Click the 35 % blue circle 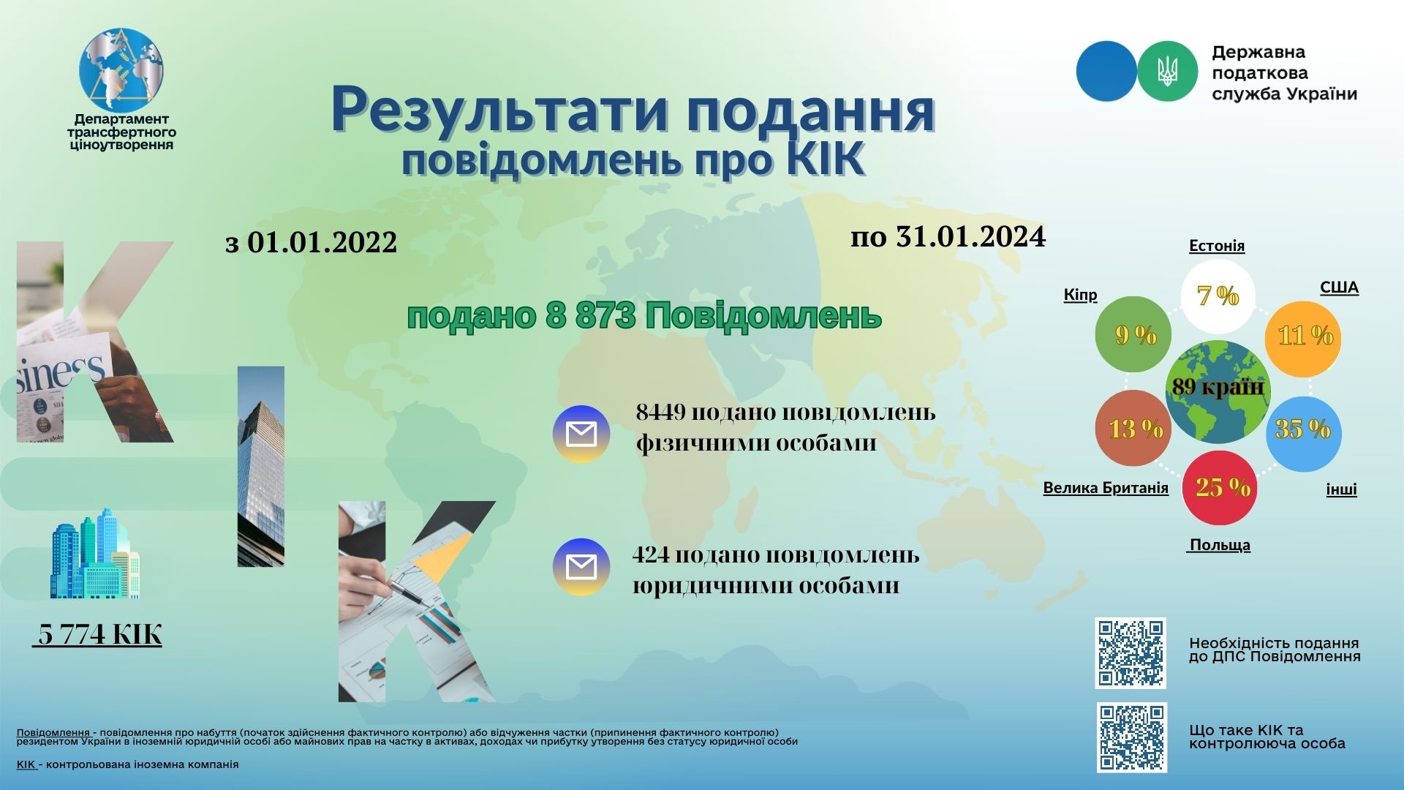click(x=1304, y=434)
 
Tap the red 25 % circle click(x=1220, y=488)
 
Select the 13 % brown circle click(x=1133, y=428)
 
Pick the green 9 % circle click(x=1133, y=334)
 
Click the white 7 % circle click(x=1218, y=296)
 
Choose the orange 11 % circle click(x=1303, y=339)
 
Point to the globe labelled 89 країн click(x=1218, y=392)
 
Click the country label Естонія click(x=1217, y=246)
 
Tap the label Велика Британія click(x=1106, y=488)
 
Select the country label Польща click(x=1219, y=545)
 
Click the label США click(x=1339, y=287)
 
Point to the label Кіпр click(x=1080, y=295)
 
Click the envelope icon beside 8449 click(x=581, y=434)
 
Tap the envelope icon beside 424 click(x=581, y=567)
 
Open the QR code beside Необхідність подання click(x=1131, y=653)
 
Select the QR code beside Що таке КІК click(x=1132, y=737)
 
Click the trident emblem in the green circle click(x=1168, y=71)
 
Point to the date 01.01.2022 click(x=322, y=242)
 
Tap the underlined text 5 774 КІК click(x=97, y=634)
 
